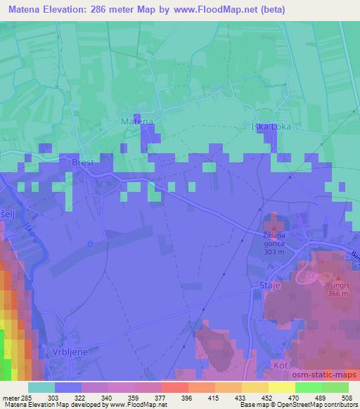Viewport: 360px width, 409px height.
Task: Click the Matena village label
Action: [x=136, y=122]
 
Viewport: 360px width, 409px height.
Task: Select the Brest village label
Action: [x=82, y=162]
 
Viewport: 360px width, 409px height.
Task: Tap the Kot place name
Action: [x=281, y=365]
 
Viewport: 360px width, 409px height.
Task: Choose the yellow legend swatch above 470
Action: [x=282, y=387]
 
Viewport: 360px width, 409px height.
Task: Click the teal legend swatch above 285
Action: [x=41, y=387]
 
